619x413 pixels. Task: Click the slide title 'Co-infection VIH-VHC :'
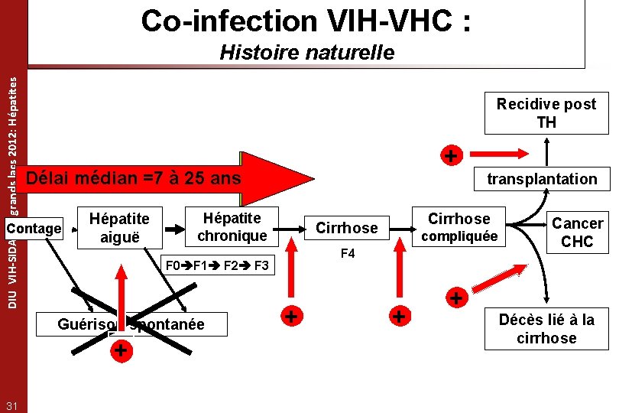[306, 21]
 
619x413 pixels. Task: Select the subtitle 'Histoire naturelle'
[306, 52]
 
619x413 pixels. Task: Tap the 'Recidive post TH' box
[546, 113]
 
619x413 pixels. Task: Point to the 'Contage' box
[33, 228]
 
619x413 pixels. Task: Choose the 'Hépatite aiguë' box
[119, 227]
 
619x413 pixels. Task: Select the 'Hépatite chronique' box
[232, 227]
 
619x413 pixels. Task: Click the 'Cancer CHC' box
[577, 232]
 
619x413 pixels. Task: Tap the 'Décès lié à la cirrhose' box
[546, 329]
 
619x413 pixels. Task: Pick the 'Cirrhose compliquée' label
[459, 226]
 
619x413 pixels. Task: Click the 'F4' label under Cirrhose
[347, 253]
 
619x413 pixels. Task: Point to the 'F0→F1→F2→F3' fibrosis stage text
[217, 266]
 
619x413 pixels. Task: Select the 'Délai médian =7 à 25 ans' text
[133, 179]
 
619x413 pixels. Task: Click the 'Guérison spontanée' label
[131, 324]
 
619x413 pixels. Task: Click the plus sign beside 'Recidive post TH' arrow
[452, 156]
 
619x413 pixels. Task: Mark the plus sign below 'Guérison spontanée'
[119, 351]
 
